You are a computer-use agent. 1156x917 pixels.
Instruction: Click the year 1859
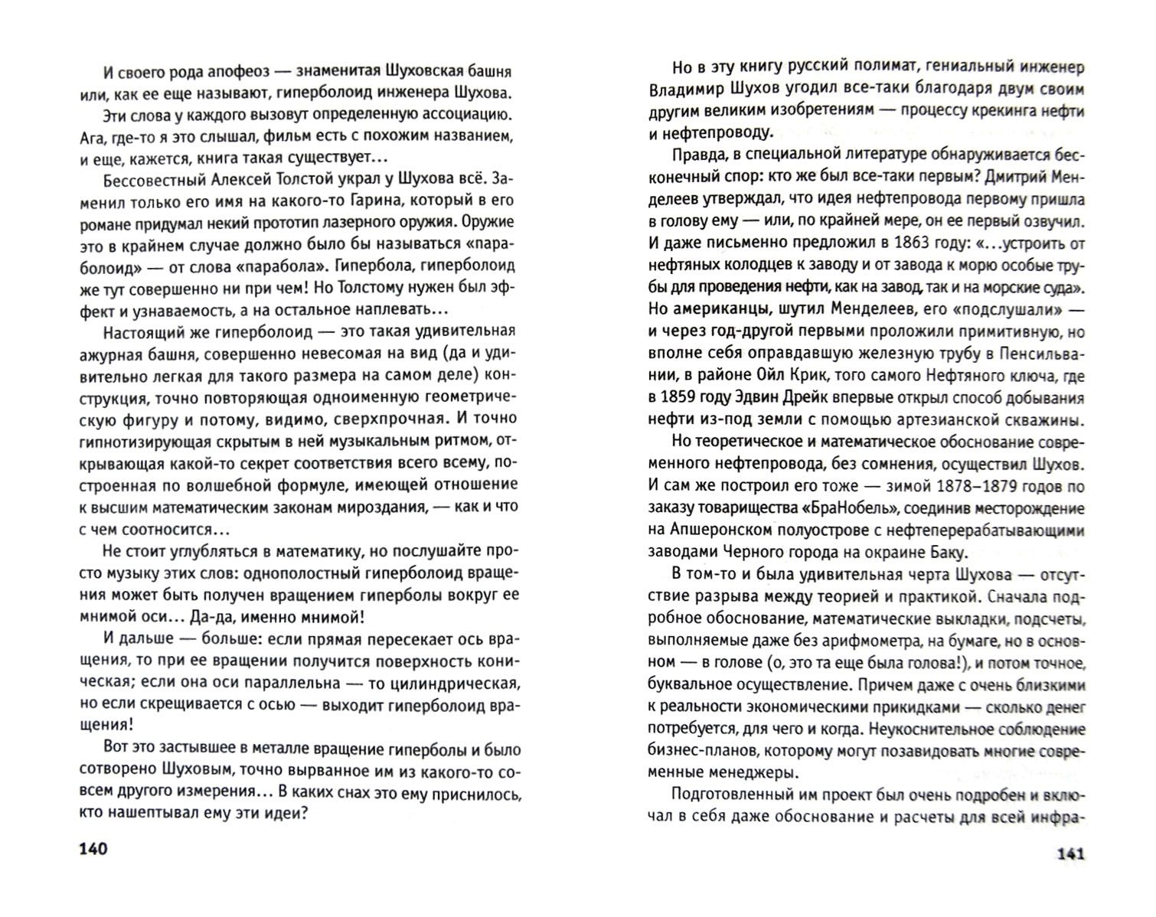click(x=681, y=398)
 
